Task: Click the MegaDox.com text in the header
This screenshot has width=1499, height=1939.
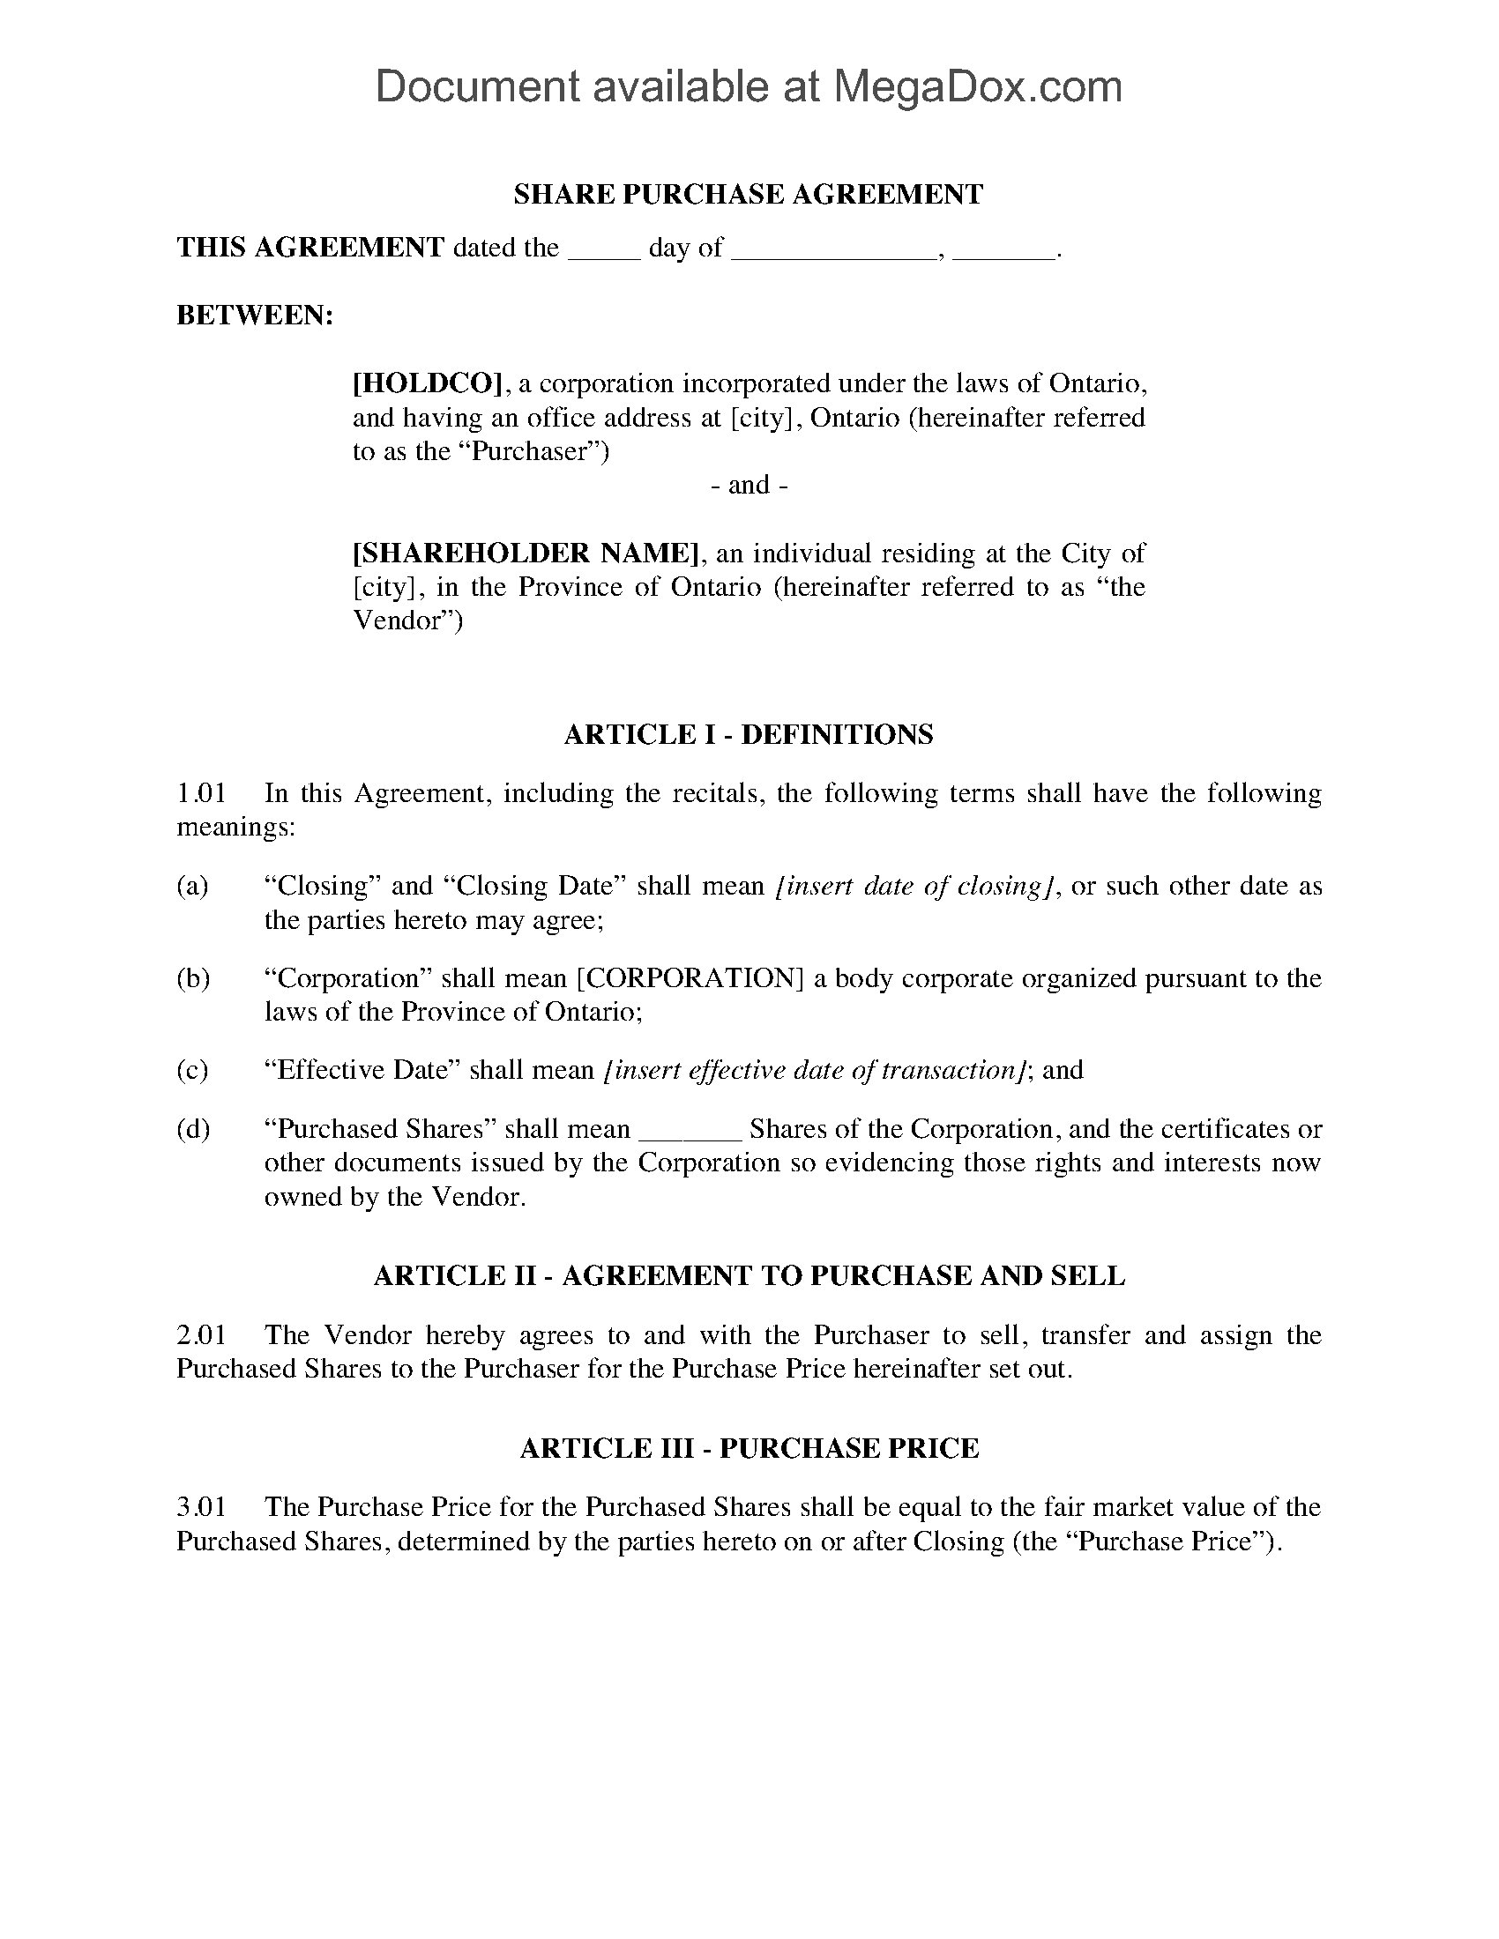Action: [x=976, y=87]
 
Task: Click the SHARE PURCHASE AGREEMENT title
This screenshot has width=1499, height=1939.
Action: [x=749, y=195]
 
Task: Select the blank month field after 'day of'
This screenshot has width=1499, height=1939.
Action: [x=834, y=249]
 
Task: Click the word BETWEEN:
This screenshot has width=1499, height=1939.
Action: [x=255, y=316]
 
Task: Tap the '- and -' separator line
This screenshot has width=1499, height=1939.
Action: [x=749, y=485]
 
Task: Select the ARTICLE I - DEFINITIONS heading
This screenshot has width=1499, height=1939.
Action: [x=749, y=734]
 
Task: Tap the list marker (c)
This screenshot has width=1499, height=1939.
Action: [x=193, y=1070]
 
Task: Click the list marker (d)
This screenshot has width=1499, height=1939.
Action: [x=193, y=1129]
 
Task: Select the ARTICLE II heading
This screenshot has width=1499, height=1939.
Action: [x=749, y=1276]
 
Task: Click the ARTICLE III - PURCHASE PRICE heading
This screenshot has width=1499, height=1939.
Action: [x=749, y=1448]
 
